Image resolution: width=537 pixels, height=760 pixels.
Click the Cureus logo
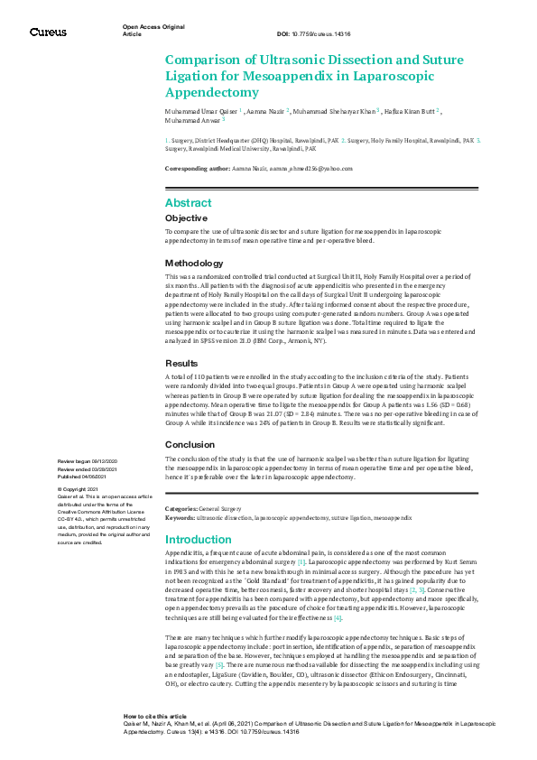pos(48,32)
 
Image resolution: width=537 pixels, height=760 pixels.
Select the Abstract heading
pos(189,203)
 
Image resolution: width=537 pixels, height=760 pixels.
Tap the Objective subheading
pos(186,218)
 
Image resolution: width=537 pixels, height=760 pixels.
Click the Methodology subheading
pos(193,263)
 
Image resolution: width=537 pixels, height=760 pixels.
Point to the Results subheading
pos(181,363)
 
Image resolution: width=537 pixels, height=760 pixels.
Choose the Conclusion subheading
pos(190,444)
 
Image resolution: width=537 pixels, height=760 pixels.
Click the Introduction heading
pos(199,540)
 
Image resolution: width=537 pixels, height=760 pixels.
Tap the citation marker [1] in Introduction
pos(302,562)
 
